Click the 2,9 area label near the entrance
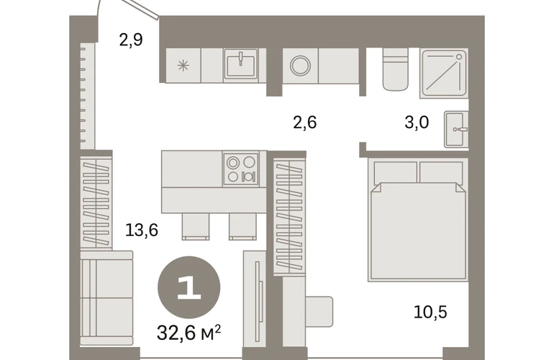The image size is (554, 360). pyautogui.click(x=131, y=40)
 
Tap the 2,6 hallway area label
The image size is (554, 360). pyautogui.click(x=305, y=122)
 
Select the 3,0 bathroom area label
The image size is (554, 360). pyautogui.click(x=417, y=122)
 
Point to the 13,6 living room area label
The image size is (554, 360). pyautogui.click(x=142, y=230)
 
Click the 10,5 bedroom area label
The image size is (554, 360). pyautogui.click(x=430, y=312)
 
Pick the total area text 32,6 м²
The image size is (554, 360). pyautogui.click(x=189, y=333)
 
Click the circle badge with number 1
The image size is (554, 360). pyautogui.click(x=189, y=287)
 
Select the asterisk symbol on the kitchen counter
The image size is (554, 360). pyautogui.click(x=183, y=66)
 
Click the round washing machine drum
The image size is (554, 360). pyautogui.click(x=300, y=66)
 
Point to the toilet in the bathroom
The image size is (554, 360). pyautogui.click(x=396, y=69)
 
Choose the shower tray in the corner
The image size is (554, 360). pyautogui.click(x=444, y=73)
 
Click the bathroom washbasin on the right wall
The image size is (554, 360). pyautogui.click(x=456, y=129)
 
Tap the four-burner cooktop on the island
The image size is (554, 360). pyautogui.click(x=241, y=169)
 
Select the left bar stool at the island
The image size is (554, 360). pyautogui.click(x=196, y=226)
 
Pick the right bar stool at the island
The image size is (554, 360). pyautogui.click(x=242, y=226)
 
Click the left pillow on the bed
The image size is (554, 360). pyautogui.click(x=396, y=172)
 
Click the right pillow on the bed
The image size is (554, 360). pyautogui.click(x=441, y=172)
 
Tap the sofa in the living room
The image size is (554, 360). pyautogui.click(x=106, y=298)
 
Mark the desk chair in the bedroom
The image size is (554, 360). pyautogui.click(x=319, y=312)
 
